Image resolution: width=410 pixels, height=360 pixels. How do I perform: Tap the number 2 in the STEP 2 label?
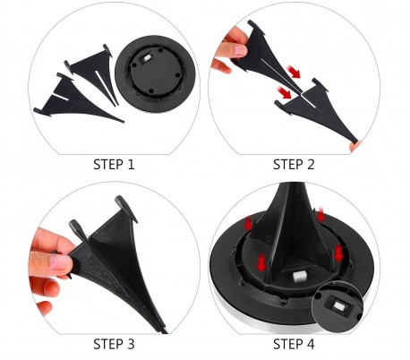[x=311, y=165]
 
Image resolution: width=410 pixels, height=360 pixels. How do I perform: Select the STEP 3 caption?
[x=114, y=344]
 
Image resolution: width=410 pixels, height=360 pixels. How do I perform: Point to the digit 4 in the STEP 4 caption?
[x=311, y=344]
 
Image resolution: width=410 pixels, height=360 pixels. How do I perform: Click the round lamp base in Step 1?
[x=155, y=73]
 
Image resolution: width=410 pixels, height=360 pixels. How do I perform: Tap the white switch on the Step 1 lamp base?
[x=146, y=58]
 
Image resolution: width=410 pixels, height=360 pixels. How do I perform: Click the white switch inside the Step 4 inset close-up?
[x=339, y=305]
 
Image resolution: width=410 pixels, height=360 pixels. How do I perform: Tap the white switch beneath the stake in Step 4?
[x=298, y=277]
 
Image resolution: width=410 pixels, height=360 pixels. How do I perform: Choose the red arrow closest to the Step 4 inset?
[x=337, y=253]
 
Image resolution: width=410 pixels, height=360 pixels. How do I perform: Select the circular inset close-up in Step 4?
[x=337, y=306]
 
